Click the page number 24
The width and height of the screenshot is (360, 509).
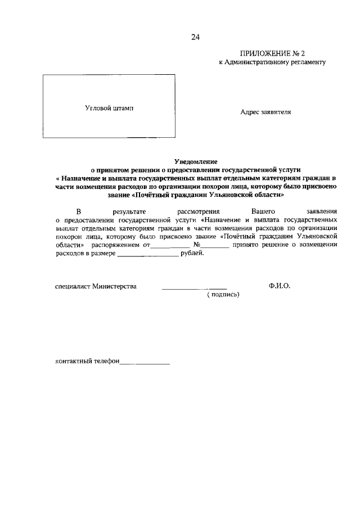pos(195,37)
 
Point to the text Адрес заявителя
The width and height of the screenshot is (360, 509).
pos(265,112)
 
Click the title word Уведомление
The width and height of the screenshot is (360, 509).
pos(195,161)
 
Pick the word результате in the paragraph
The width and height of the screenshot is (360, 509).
pos(129,211)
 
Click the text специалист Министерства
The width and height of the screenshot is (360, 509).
pos(96,286)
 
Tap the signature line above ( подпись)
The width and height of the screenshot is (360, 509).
pos(194,288)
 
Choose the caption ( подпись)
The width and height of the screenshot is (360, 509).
pos(223,294)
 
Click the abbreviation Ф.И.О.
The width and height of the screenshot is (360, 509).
pos(280,286)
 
